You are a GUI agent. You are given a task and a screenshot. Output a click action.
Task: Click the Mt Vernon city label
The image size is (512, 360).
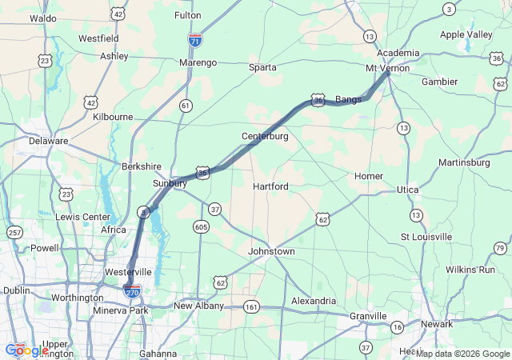(x=387, y=68)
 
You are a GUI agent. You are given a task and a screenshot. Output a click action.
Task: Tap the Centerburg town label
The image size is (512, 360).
(x=265, y=137)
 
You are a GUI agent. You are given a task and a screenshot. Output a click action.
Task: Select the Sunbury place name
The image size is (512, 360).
(x=170, y=183)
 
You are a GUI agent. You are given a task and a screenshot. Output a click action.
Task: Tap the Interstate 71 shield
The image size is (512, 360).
(x=195, y=38)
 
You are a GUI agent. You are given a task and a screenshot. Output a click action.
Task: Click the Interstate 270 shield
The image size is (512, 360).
(x=133, y=291)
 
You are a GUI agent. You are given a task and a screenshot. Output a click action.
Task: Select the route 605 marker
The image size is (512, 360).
(x=201, y=227)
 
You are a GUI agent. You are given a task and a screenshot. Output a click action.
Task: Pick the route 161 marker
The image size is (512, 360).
(x=252, y=306)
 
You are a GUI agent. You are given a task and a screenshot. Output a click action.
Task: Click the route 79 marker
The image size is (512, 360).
(x=500, y=249)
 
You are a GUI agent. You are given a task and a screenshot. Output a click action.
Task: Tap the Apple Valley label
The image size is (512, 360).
(x=466, y=35)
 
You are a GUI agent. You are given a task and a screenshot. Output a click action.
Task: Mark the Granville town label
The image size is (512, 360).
(x=368, y=316)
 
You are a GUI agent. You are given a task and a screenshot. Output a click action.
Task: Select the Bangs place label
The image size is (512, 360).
(x=348, y=99)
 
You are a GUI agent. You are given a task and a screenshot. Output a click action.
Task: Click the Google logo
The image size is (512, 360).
(x=26, y=350)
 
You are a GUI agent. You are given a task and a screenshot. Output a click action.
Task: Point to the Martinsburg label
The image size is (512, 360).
(x=464, y=162)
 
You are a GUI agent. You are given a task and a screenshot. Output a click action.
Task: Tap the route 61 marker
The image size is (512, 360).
(x=186, y=106)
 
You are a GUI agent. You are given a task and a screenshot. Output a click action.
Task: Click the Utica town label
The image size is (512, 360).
(x=407, y=190)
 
